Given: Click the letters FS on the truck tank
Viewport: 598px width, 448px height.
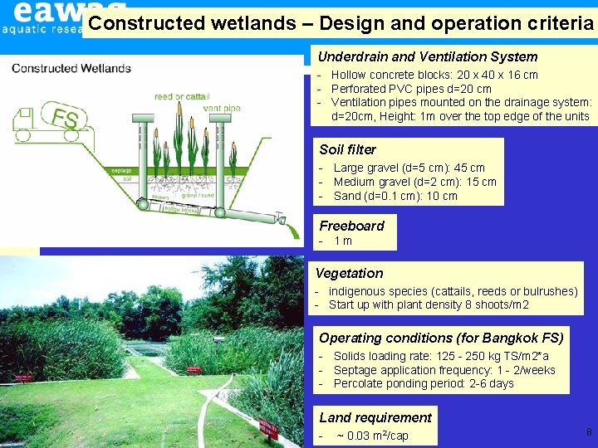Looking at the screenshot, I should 65,119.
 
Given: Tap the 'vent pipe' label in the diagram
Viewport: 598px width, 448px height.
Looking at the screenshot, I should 222,108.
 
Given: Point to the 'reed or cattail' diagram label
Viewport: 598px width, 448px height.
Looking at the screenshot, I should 181,96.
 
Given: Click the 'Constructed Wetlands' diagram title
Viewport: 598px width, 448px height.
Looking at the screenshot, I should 71,68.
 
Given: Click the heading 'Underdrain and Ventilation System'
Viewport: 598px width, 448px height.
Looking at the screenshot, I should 428,56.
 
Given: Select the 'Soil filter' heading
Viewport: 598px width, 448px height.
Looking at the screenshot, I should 347,149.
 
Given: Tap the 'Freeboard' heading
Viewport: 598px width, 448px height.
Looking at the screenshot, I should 351,226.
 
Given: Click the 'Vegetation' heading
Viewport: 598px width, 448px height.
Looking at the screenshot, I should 349,273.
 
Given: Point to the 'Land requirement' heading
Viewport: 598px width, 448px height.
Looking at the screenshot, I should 375,417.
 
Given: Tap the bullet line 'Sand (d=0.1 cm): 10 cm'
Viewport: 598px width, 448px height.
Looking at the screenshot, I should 395,196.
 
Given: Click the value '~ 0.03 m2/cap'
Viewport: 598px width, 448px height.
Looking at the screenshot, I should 372,436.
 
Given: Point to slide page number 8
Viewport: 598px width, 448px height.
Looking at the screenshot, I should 589,431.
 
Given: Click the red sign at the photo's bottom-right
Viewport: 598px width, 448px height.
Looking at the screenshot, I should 268,429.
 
